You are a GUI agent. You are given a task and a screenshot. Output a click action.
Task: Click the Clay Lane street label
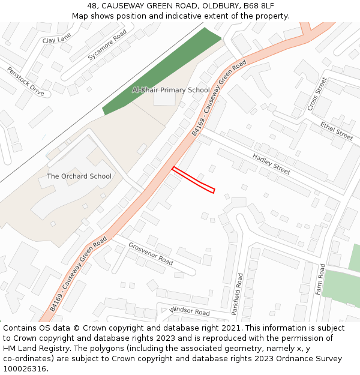click(56, 40)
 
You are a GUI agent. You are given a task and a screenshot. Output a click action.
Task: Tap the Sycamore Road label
click(107, 45)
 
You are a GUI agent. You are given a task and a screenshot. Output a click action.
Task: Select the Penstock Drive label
click(26, 81)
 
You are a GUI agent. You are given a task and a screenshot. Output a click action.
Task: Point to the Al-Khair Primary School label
click(171, 90)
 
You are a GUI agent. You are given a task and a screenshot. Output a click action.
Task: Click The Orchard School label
click(79, 176)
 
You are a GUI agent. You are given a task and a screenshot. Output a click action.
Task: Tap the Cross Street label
click(317, 94)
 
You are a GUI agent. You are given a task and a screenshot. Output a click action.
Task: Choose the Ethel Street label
click(336, 131)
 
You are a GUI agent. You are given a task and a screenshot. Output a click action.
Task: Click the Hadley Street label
click(271, 164)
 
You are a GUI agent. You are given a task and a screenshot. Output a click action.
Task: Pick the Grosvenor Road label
click(151, 254)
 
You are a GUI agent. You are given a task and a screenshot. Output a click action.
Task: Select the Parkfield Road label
click(237, 294)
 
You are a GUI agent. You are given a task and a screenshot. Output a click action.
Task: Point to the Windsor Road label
click(190, 311)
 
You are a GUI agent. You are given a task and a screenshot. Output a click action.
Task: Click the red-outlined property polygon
click(193, 180)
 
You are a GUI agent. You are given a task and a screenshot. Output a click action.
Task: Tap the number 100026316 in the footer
click(25, 368)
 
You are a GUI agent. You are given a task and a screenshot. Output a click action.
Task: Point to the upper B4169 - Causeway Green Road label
click(220, 98)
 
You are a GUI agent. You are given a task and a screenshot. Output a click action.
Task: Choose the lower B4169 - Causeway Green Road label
click(78, 273)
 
